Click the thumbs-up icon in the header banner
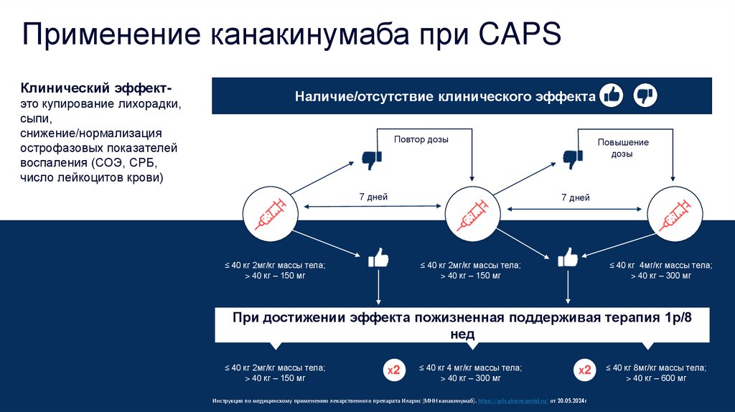[x=612, y=95]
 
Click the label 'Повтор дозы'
[x=421, y=139]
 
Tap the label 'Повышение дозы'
[x=623, y=148]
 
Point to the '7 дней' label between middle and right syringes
[x=575, y=197]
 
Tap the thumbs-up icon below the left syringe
[x=378, y=258]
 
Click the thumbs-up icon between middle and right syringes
[x=568, y=257]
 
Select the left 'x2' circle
[x=393, y=370]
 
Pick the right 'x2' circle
[x=585, y=370]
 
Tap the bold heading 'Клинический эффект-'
[x=95, y=89]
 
